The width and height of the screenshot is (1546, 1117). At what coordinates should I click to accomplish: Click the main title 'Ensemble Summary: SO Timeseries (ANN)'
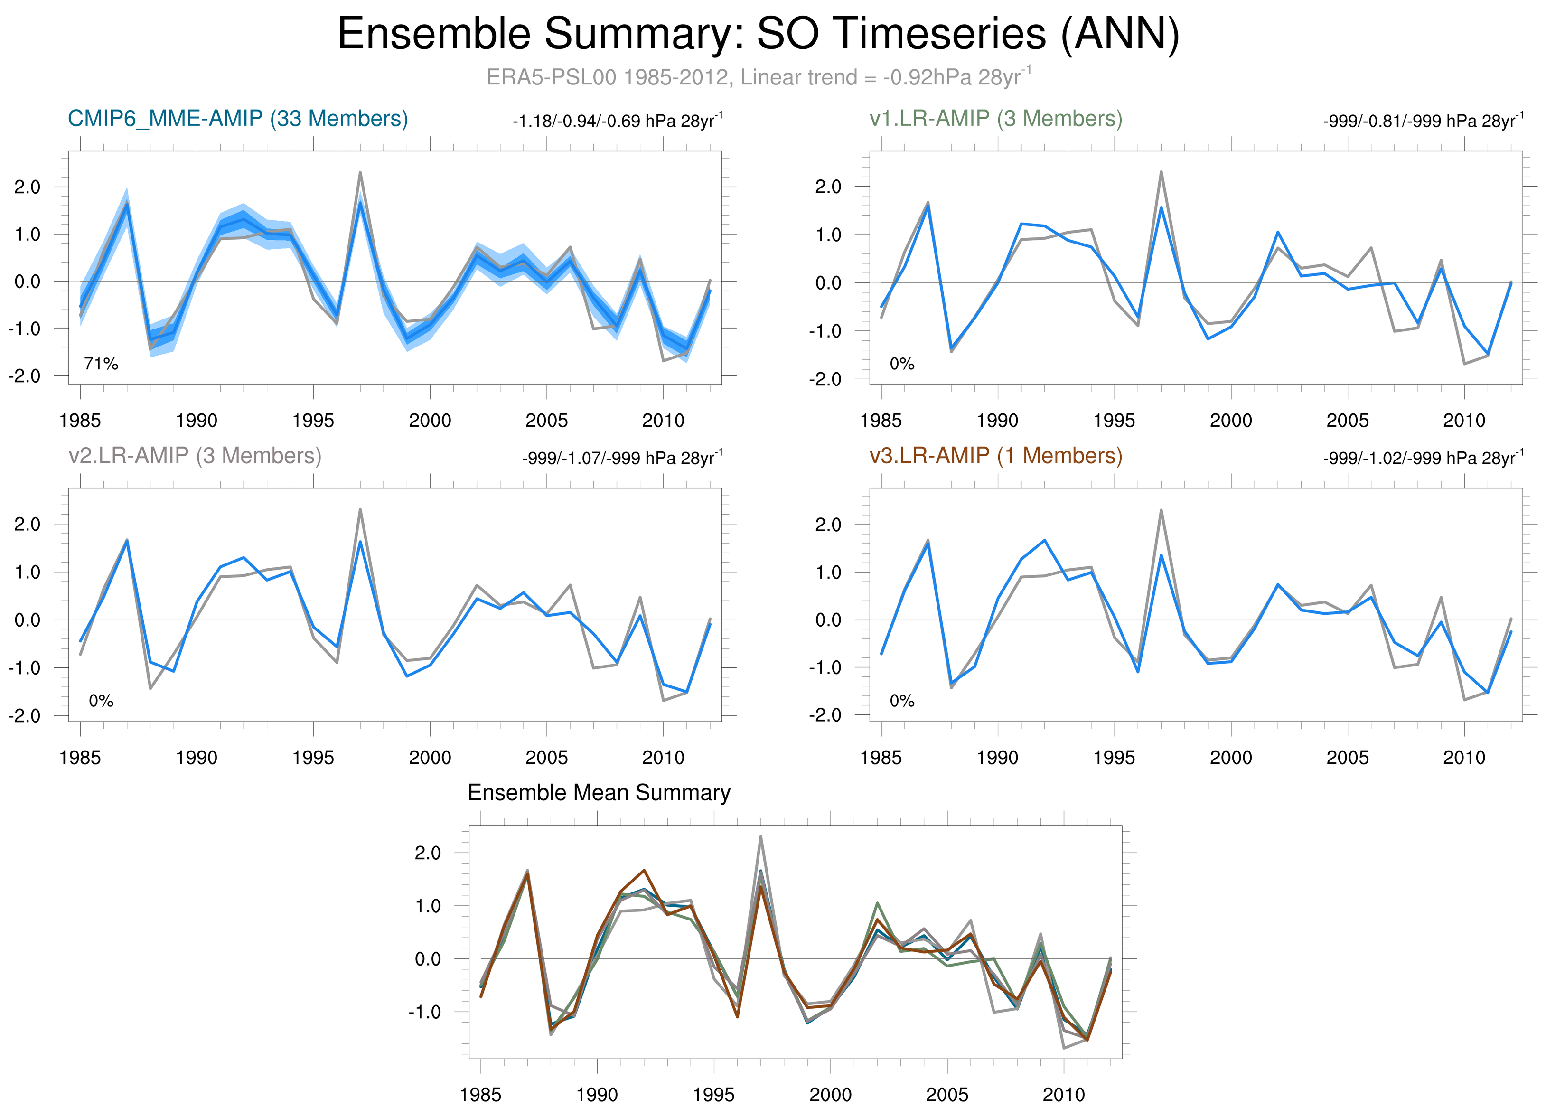tap(758, 34)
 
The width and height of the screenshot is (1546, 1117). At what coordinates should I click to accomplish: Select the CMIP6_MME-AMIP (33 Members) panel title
tap(238, 119)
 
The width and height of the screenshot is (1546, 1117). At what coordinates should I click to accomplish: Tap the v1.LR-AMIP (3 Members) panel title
tap(996, 119)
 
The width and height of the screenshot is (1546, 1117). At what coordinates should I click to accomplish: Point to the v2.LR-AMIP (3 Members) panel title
tap(195, 455)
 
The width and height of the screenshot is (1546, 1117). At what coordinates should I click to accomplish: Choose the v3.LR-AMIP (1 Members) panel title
tap(996, 455)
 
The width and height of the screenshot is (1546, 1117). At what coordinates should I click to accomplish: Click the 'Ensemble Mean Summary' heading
tap(599, 793)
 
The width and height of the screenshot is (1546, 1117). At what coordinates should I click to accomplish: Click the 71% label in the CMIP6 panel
tap(101, 364)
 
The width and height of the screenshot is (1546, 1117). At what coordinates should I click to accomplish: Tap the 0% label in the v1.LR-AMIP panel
tap(902, 364)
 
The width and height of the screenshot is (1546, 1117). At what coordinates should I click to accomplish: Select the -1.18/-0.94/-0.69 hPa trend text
tap(617, 122)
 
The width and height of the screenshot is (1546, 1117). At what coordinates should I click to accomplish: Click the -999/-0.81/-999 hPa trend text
tap(1423, 122)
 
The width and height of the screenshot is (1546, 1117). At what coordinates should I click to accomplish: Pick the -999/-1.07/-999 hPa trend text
tap(622, 458)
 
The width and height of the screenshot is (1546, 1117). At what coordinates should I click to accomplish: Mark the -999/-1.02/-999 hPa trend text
tap(1423, 458)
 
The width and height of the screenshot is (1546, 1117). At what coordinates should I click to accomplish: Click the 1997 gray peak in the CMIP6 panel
tap(360, 173)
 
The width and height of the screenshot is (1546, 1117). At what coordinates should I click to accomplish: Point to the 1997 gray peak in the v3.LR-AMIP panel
tap(1161, 510)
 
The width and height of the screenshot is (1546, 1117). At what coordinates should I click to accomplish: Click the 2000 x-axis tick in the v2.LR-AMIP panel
tap(430, 758)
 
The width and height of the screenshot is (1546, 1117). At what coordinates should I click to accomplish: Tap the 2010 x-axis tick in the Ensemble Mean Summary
tap(1063, 1095)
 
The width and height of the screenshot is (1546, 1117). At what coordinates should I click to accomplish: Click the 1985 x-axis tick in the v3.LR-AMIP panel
tap(881, 758)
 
